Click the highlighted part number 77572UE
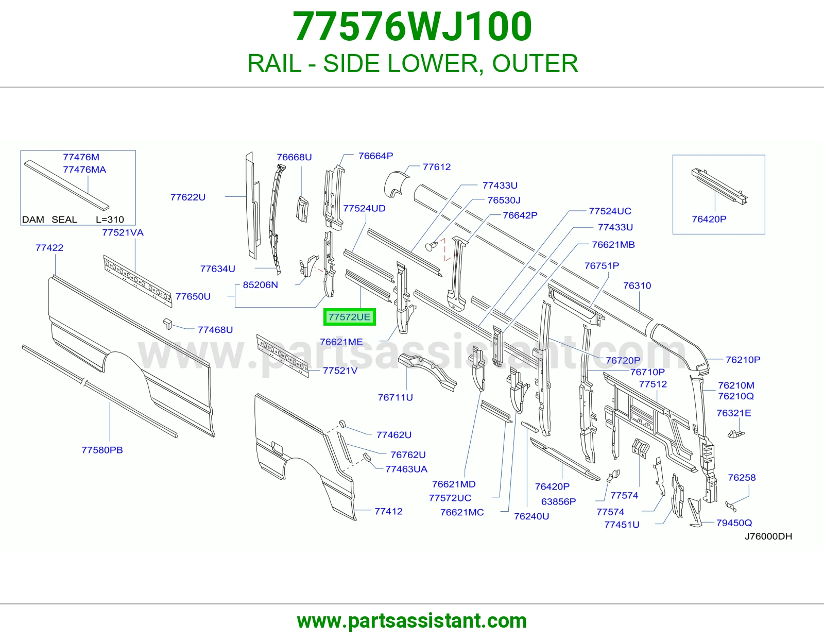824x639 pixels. point(349,317)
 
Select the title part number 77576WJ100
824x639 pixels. point(412,26)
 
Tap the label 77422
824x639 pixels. point(49,248)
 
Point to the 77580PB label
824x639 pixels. point(102,450)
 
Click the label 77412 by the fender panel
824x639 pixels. point(388,511)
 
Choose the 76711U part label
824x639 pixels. point(395,397)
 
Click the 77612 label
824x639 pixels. point(437,167)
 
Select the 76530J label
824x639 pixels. point(504,200)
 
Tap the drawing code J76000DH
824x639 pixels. point(768,536)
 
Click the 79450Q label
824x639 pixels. point(734,523)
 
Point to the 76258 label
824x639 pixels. point(742,478)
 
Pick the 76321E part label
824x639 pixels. point(734,413)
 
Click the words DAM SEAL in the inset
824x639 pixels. point(49,220)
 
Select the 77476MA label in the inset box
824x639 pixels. point(84,170)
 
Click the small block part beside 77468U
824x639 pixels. point(167,324)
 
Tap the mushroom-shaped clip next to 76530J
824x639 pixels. point(431,246)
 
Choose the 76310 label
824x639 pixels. point(637,285)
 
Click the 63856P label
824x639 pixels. point(559,501)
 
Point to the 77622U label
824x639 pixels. point(187,197)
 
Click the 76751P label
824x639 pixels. point(602,265)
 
